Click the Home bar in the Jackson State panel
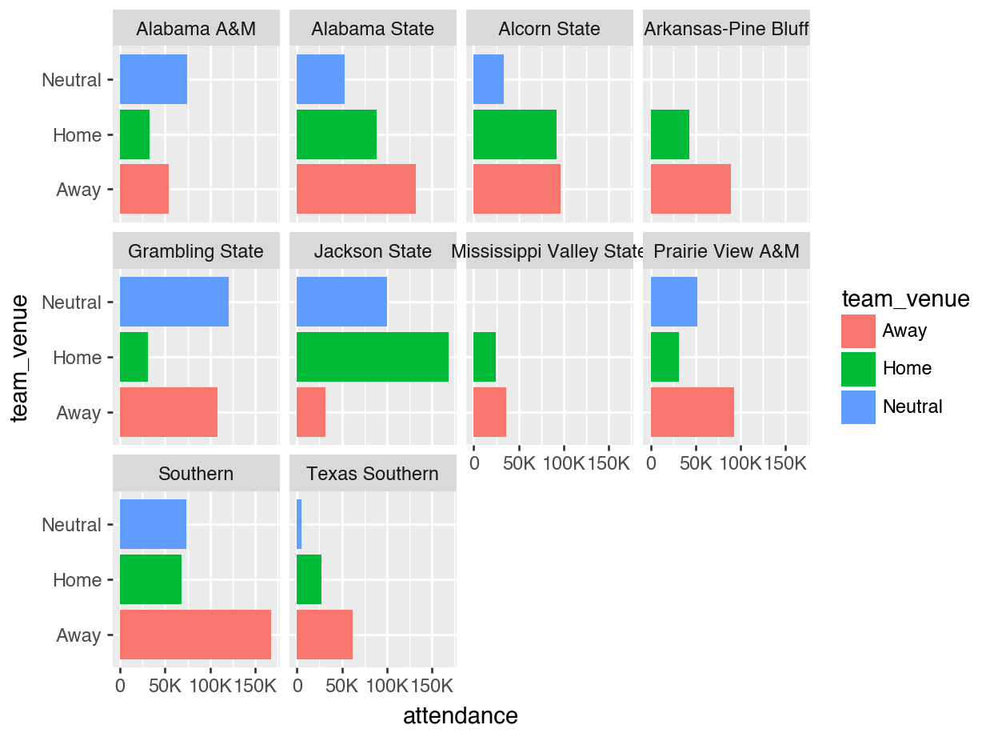pyautogui.click(x=372, y=357)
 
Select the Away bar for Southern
pyautogui.click(x=195, y=635)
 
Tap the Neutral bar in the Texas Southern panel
pyautogui.click(x=299, y=524)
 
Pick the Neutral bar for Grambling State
pyautogui.click(x=174, y=302)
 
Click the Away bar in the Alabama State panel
pyautogui.click(x=356, y=189)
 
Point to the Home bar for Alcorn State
pyautogui.click(x=514, y=134)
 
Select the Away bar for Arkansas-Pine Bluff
pyautogui.click(x=690, y=189)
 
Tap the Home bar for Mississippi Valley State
pyautogui.click(x=484, y=357)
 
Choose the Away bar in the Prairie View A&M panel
pyautogui.click(x=692, y=412)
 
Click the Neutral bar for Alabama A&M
pyautogui.click(x=153, y=79)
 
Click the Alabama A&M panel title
pyautogui.click(x=196, y=30)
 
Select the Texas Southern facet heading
pyautogui.click(x=373, y=474)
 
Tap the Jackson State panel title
pyautogui.click(x=373, y=251)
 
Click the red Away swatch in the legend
pyautogui.click(x=858, y=330)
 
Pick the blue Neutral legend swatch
pyautogui.click(x=858, y=407)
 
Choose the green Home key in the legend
pyautogui.click(x=858, y=368)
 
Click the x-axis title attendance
pyautogui.click(x=460, y=715)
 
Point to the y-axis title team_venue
pyautogui.click(x=21, y=357)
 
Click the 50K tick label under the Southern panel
pyautogui.click(x=164, y=687)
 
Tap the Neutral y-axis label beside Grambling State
pyautogui.click(x=71, y=302)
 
